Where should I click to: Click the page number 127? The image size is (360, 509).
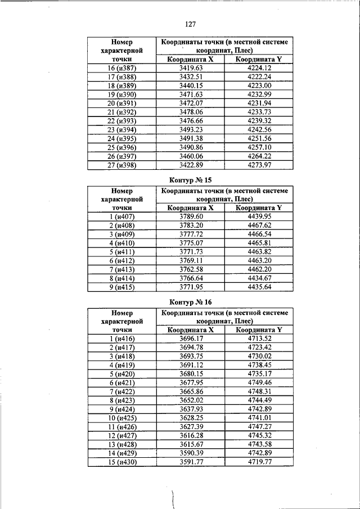point(189,24)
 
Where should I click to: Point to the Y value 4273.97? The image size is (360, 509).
point(259,165)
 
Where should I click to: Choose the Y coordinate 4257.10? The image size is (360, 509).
point(259,146)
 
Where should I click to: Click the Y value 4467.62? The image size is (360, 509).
point(259,225)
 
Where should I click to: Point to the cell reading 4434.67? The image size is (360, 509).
point(259,278)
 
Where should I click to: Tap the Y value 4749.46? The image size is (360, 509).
point(259,382)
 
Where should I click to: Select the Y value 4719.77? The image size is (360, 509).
point(259,462)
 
